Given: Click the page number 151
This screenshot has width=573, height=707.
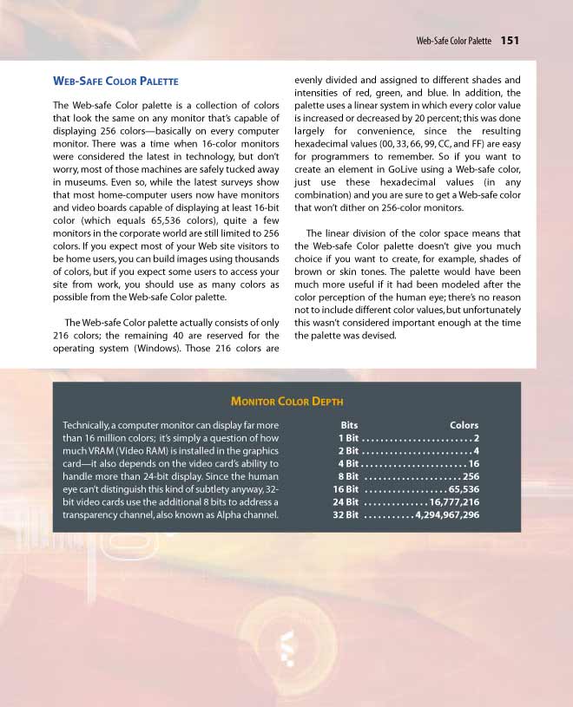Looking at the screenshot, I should pyautogui.click(x=510, y=40).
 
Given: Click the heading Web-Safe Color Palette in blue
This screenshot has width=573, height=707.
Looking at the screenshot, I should pyautogui.click(x=115, y=81).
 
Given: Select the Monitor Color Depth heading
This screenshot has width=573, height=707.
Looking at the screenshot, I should pyautogui.click(x=286, y=401).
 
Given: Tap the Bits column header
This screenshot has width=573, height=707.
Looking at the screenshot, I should pyautogui.click(x=349, y=425).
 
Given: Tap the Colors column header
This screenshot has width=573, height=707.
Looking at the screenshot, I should pyautogui.click(x=464, y=425).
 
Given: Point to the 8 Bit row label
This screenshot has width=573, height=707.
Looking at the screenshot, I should pyautogui.click(x=347, y=476).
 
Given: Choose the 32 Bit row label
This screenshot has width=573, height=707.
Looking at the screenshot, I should pyautogui.click(x=346, y=514).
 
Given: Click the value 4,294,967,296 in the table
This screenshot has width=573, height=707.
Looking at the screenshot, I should pyautogui.click(x=446, y=514).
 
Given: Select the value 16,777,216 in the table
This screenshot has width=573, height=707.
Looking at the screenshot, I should pyautogui.click(x=454, y=501).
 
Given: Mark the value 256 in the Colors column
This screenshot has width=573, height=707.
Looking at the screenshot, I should pyautogui.click(x=471, y=476).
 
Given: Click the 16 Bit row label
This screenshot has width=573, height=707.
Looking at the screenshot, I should pyautogui.click(x=346, y=489).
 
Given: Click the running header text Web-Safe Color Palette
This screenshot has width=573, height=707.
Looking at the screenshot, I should pyautogui.click(x=453, y=41).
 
